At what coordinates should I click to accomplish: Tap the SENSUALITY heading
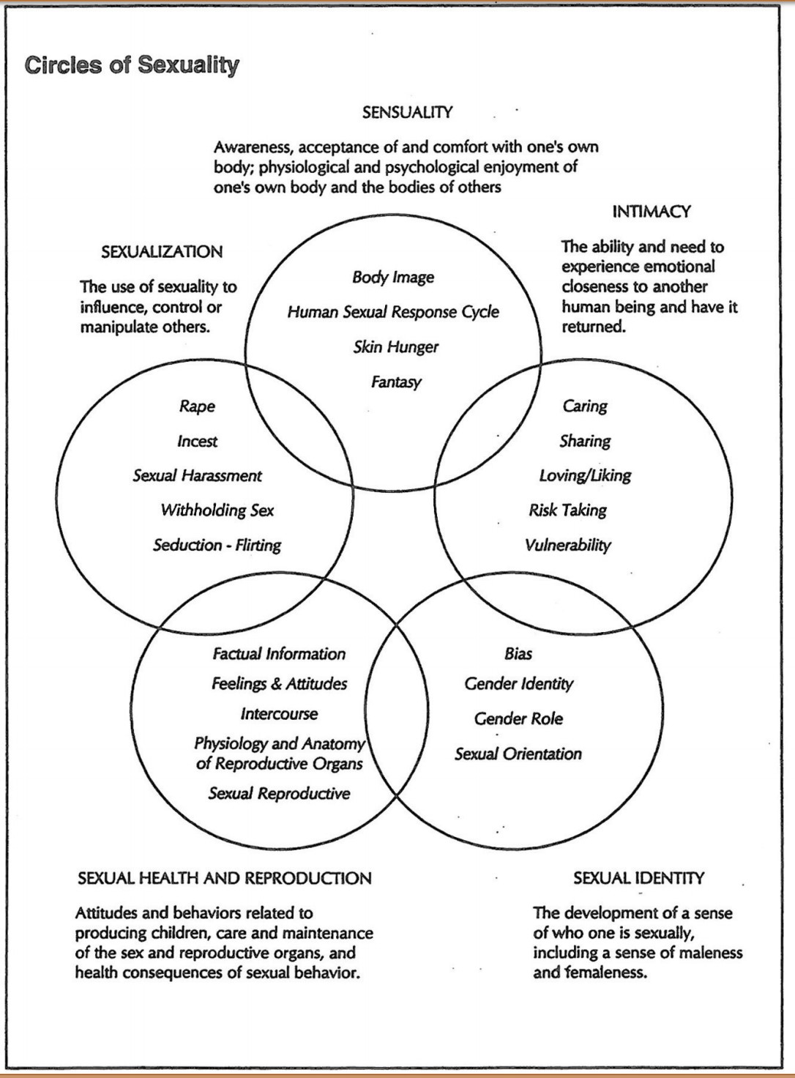pos(407,113)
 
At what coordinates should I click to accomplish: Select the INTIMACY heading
pos(652,212)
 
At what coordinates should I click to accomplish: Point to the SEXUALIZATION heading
pos(162,252)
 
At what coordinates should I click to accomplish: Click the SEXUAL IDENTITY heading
pos(638,878)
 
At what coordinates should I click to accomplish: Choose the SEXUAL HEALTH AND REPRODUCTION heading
pos(225,878)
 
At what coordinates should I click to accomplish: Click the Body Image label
pos(393,278)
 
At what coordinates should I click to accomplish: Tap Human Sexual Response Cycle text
pos(393,312)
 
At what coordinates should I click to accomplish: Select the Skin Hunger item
pos(395,347)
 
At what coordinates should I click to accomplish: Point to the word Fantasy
pos(396,382)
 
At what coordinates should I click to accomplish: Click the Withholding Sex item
pos(217,510)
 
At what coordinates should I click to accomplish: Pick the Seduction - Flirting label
pos(217,546)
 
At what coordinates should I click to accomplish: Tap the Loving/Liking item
pos(585,475)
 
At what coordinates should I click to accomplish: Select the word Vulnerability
pos(567,546)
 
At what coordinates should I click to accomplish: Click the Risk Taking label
pos(567,510)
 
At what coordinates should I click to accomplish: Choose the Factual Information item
pos(279,654)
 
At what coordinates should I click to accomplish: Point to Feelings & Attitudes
pos(279,684)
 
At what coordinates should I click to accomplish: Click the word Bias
pos(518,654)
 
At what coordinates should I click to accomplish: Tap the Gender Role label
pos(518,719)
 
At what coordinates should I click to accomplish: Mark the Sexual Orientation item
pos(518,754)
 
